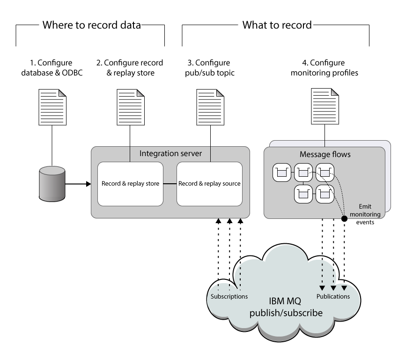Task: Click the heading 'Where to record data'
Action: coord(91,25)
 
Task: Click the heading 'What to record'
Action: coord(276,25)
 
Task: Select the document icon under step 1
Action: coord(52,105)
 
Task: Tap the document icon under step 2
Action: coord(130,105)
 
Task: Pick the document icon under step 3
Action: coord(209,105)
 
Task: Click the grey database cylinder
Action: coord(52,183)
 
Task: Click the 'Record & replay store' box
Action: coord(130,184)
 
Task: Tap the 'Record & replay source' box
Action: coord(209,184)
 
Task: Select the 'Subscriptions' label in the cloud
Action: coord(229,296)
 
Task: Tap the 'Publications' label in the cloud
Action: coord(333,296)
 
